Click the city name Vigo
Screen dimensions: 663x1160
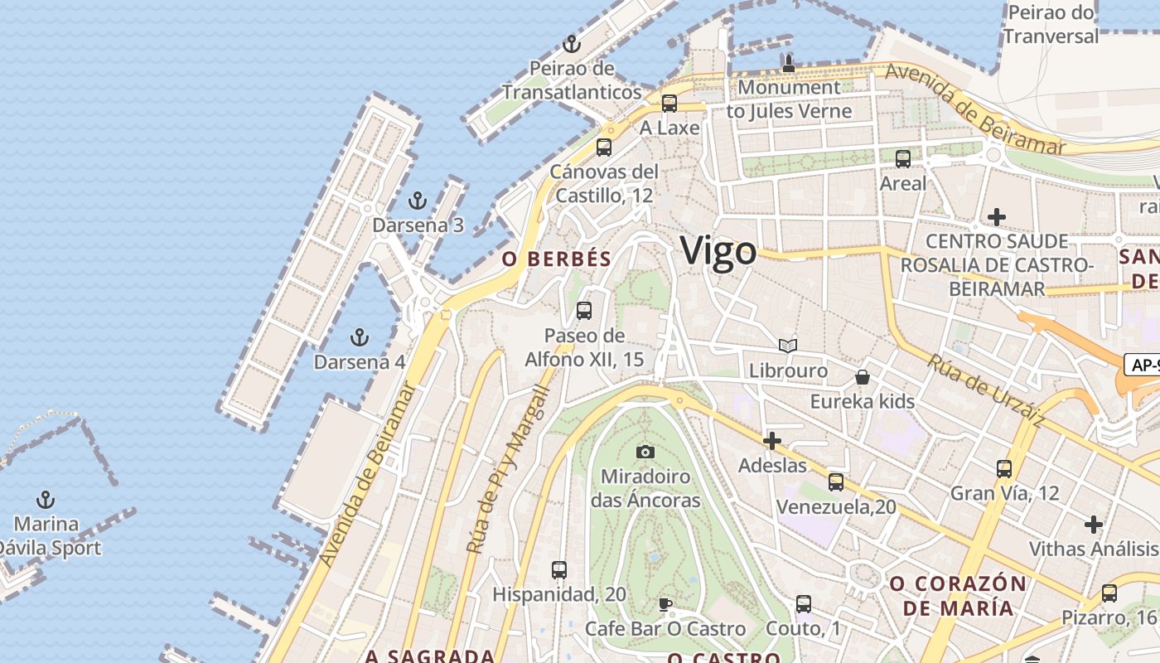[718, 251]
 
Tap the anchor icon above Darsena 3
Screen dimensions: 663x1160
[418, 201]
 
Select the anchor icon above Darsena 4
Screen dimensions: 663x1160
[359, 337]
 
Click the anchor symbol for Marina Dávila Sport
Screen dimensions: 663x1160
[46, 500]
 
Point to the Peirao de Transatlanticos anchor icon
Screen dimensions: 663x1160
[571, 44]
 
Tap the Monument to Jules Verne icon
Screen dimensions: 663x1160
[788, 63]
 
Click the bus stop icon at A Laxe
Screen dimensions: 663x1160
[669, 104]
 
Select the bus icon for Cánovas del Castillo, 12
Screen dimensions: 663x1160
[604, 148]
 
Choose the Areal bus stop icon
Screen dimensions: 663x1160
[903, 158]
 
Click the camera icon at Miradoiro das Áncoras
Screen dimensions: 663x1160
[645, 452]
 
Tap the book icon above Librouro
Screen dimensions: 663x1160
[788, 346]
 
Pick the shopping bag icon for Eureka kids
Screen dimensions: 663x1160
[863, 377]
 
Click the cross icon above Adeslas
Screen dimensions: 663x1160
[772, 441]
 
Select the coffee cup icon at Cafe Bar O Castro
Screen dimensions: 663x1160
[665, 604]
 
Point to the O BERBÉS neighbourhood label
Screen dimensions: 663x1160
[557, 259]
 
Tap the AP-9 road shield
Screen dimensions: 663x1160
[1143, 365]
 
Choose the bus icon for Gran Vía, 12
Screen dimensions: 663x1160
[1004, 469]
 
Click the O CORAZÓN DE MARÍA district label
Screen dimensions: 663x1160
[958, 596]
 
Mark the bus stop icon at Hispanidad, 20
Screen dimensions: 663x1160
[559, 570]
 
